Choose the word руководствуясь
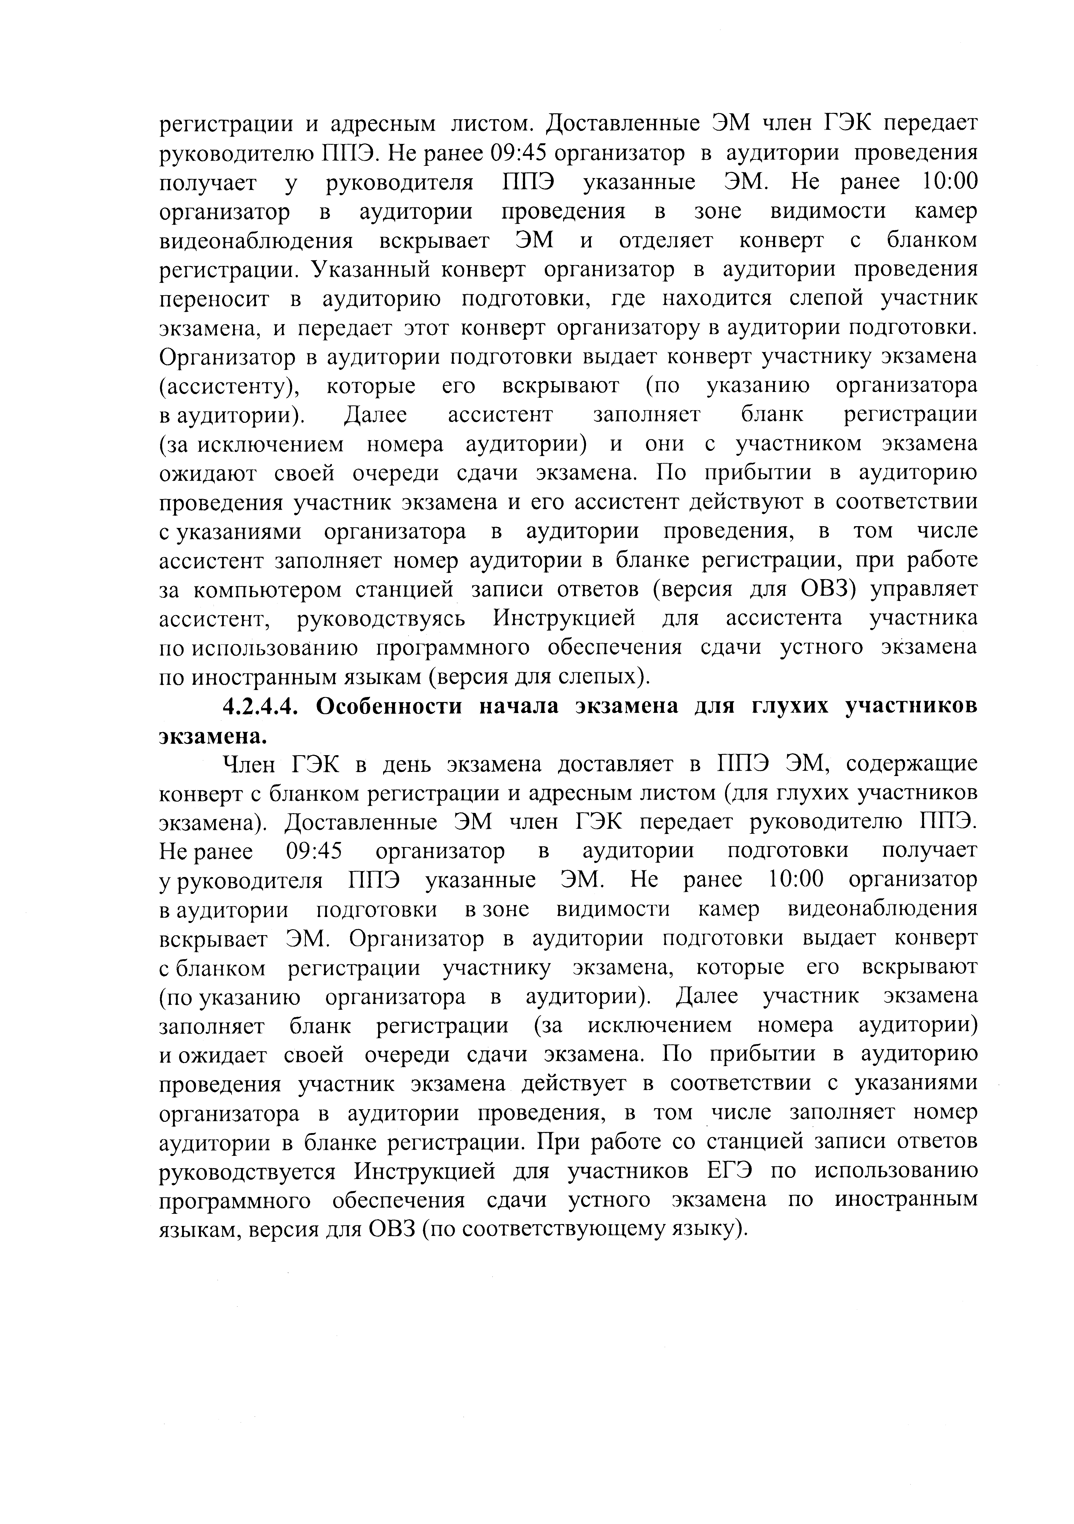(381, 619)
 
